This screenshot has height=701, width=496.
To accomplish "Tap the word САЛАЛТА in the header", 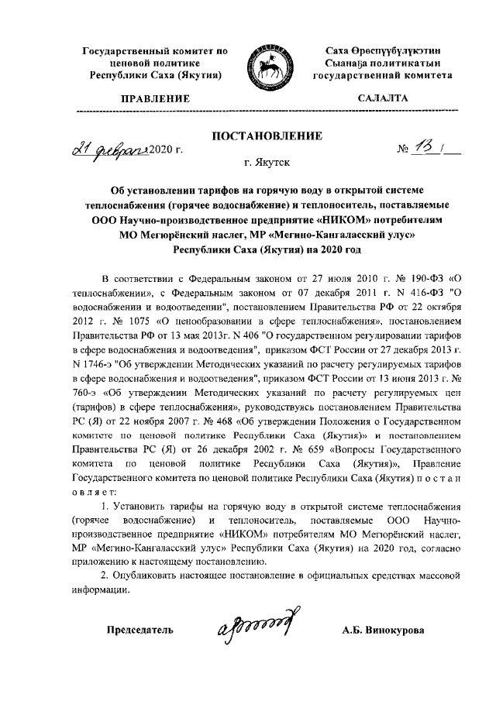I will click(x=381, y=99).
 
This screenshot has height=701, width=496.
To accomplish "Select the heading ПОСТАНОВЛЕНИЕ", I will click(x=267, y=136).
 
